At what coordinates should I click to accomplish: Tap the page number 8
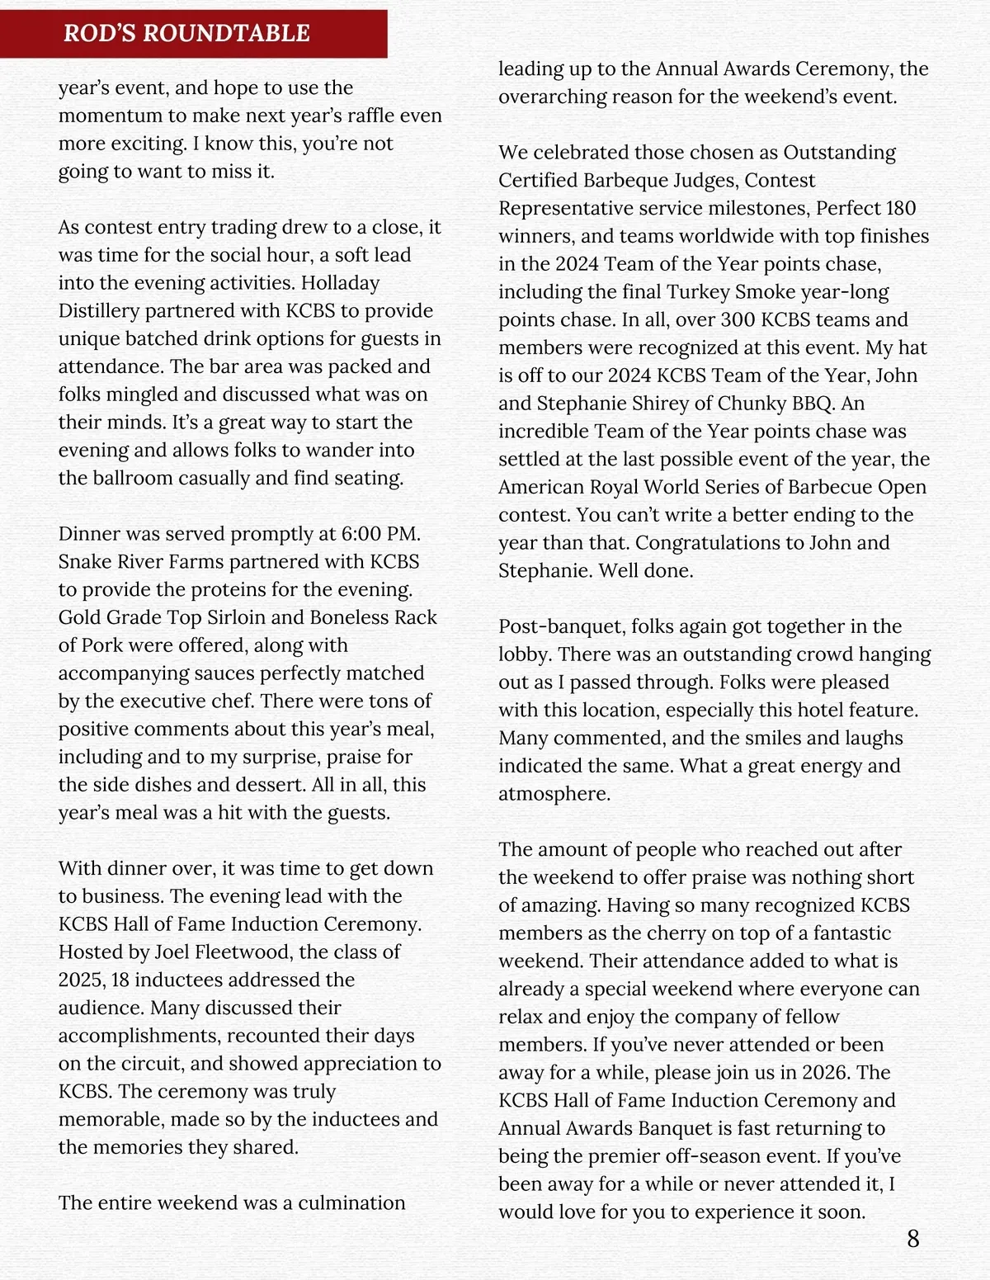[912, 1238]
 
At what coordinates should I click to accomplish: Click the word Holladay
[340, 282]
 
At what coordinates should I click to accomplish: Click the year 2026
[826, 1072]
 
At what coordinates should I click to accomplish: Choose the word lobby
[524, 654]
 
